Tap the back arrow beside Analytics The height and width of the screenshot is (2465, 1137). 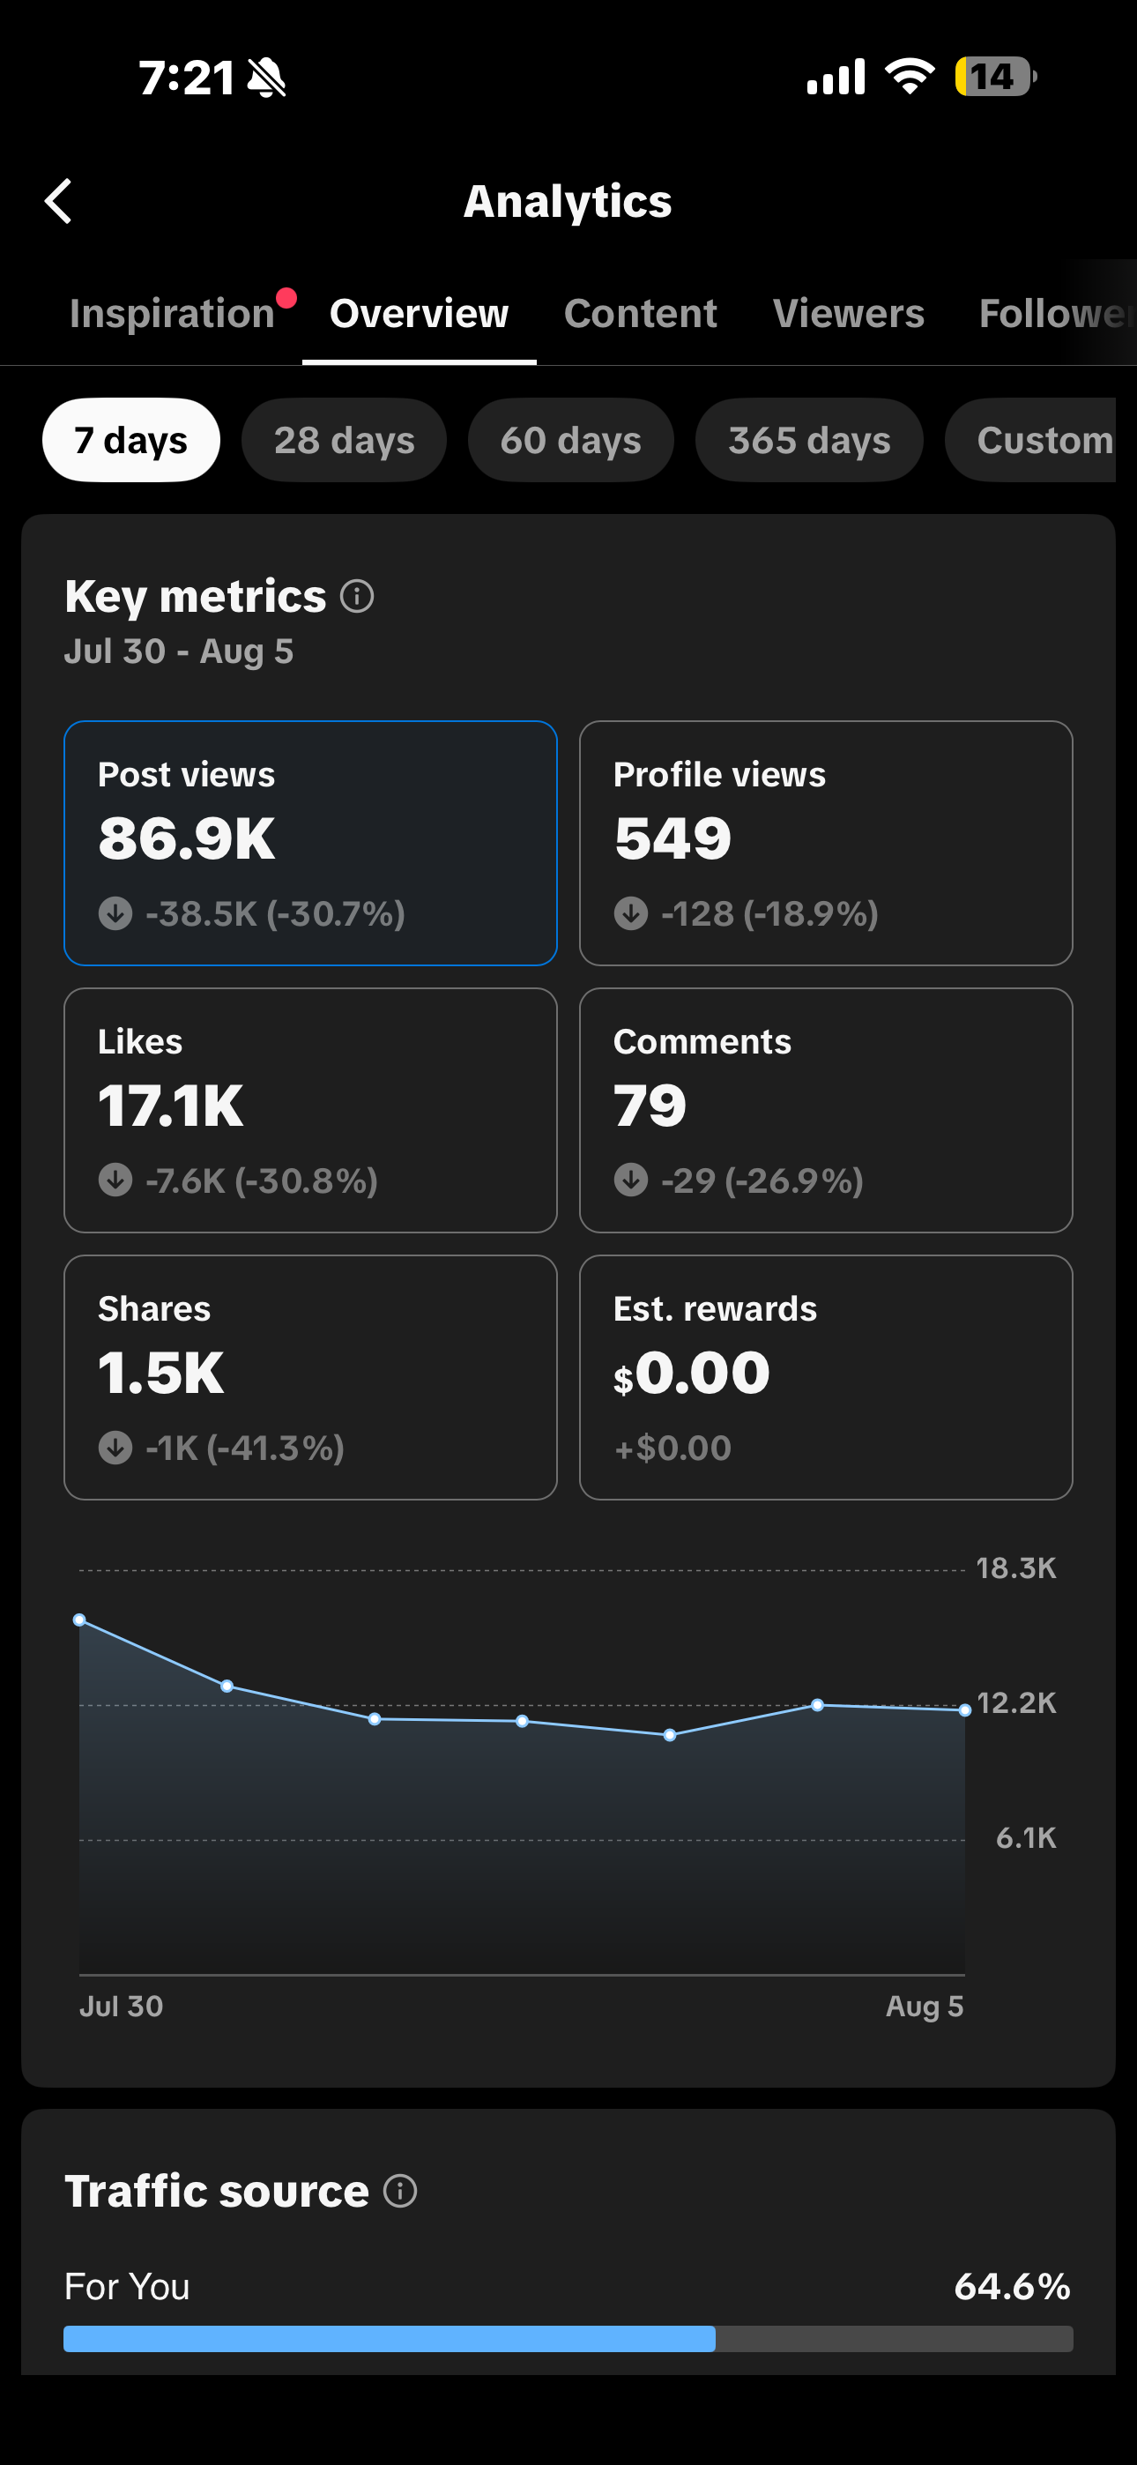(x=58, y=201)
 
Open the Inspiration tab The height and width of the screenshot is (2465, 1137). (x=172, y=314)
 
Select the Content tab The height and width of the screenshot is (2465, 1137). (x=640, y=314)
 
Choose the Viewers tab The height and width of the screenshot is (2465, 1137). (x=848, y=314)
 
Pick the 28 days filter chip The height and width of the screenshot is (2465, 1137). (x=344, y=440)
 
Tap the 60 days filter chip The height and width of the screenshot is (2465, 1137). (x=570, y=440)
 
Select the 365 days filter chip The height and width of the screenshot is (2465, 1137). (x=809, y=440)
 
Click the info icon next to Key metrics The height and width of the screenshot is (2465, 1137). (x=357, y=596)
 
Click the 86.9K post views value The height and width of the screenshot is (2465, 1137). (x=187, y=838)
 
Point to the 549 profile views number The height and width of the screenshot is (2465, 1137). (x=673, y=838)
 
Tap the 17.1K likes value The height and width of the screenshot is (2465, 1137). (x=170, y=1106)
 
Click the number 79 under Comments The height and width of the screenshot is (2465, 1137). (x=650, y=1106)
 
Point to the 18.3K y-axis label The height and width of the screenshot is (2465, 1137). (x=1015, y=1568)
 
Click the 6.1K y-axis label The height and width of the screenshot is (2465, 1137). (x=1026, y=1837)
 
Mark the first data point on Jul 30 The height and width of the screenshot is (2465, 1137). (x=79, y=1620)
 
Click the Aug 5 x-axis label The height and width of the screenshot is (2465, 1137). (x=925, y=2006)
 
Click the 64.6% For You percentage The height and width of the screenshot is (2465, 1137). (x=1013, y=2286)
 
